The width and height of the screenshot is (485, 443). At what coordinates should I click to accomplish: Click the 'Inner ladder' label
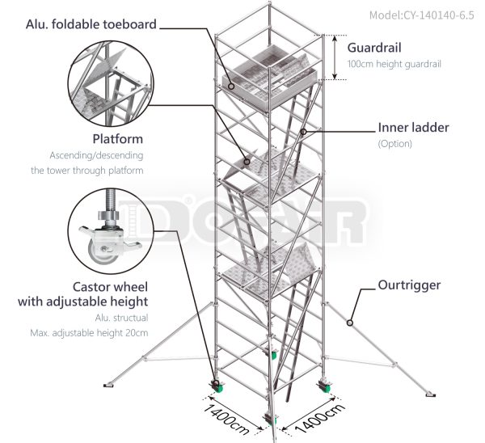(x=413, y=128)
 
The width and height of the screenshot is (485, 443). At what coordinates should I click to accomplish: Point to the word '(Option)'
(x=395, y=144)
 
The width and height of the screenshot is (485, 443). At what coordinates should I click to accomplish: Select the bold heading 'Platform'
(x=117, y=139)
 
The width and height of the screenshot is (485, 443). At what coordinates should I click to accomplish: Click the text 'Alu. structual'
(x=125, y=318)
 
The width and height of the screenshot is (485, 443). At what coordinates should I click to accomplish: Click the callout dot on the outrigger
(x=349, y=323)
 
